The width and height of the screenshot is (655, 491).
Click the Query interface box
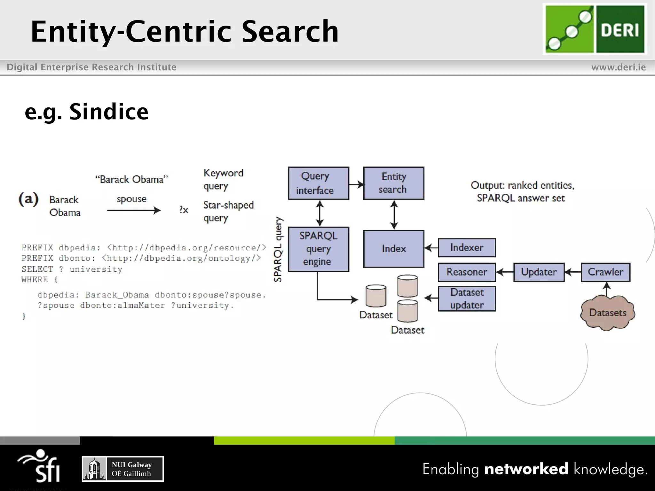tap(319, 183)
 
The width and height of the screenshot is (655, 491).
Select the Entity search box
tap(394, 183)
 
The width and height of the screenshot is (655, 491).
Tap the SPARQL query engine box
tap(319, 249)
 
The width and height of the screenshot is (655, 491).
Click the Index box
tap(394, 249)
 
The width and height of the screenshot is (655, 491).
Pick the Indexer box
tap(467, 248)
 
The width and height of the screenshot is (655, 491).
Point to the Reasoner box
tap(467, 272)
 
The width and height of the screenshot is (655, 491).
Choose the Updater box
tap(539, 272)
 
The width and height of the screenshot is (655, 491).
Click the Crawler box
tap(605, 272)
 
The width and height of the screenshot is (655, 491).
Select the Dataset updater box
tap(467, 299)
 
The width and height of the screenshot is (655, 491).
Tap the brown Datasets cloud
tap(607, 313)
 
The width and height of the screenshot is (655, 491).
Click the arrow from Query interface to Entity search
tap(356, 184)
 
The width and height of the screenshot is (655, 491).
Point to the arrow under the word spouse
tap(134, 210)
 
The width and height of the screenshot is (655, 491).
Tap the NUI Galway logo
tap(123, 469)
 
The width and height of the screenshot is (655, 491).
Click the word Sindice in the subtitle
tap(109, 112)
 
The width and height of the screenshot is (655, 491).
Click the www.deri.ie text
tap(618, 67)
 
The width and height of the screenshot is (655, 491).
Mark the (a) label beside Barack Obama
tap(28, 199)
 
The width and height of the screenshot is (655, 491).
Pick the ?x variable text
tap(184, 210)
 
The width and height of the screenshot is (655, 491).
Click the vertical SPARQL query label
tap(278, 249)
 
